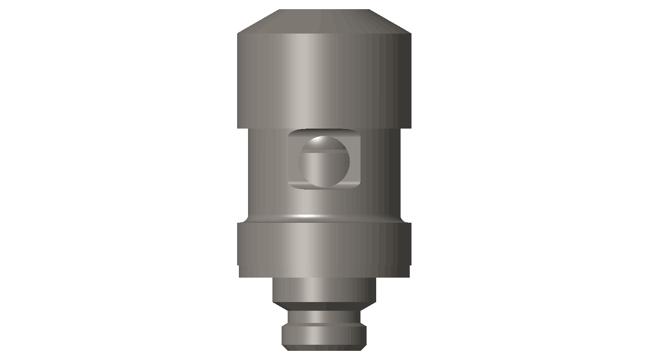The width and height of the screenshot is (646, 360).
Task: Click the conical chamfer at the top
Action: [324, 22]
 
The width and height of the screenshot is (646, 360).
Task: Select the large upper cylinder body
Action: [324, 81]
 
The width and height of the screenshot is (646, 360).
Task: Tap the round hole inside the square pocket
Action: [324, 166]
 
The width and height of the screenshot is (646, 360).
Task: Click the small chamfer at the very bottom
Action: [324, 348]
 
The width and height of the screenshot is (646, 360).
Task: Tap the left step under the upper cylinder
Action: [243, 129]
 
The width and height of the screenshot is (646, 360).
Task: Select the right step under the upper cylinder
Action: [406, 129]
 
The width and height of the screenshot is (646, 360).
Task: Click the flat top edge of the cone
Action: [324, 10]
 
